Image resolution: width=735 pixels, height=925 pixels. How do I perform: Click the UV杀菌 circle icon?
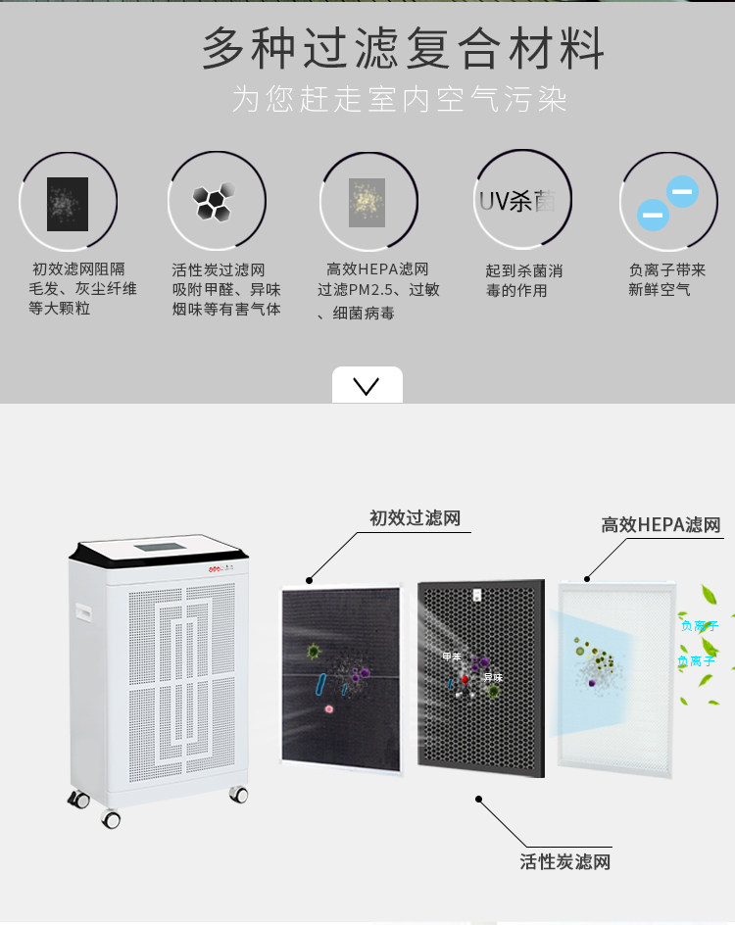coord(516,201)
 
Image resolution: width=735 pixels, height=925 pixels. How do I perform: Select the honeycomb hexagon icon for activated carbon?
coord(215,201)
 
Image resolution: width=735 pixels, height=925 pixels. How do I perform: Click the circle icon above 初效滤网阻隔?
coord(68,203)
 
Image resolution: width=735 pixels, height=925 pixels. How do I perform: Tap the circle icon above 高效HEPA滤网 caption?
coord(367,202)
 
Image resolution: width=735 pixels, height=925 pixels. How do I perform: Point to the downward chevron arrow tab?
coord(367,385)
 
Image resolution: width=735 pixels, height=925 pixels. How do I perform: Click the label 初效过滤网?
coord(415,517)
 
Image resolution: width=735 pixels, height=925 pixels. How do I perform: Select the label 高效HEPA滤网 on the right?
coord(661,525)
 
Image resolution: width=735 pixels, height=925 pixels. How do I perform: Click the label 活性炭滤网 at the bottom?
coord(564,862)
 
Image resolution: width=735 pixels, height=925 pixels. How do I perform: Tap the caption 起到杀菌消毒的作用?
coord(523,280)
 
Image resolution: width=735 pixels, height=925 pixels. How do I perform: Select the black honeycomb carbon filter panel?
coord(480,677)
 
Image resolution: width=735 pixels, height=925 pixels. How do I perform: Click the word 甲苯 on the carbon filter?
coord(452,657)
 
